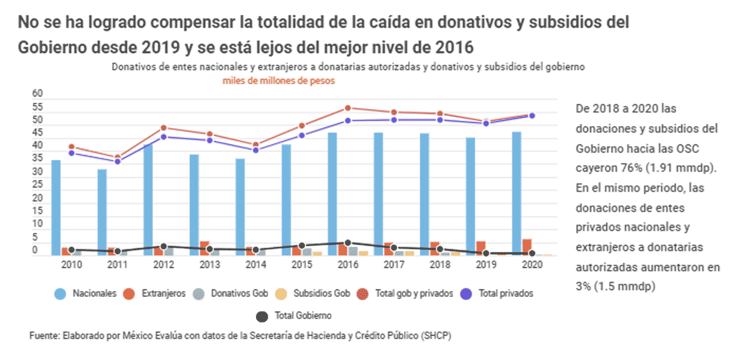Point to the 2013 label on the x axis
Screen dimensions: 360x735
(209, 264)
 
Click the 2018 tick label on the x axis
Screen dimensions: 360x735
(440, 264)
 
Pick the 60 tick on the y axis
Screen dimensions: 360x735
(38, 94)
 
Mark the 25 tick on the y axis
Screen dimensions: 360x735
(38, 185)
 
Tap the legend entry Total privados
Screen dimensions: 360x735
(504, 293)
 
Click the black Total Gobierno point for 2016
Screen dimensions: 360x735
(348, 243)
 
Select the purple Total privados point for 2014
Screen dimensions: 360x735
(255, 150)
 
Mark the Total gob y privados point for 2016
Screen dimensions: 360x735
(348, 108)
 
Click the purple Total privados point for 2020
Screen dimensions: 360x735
(532, 116)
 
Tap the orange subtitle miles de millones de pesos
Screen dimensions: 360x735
(279, 80)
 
